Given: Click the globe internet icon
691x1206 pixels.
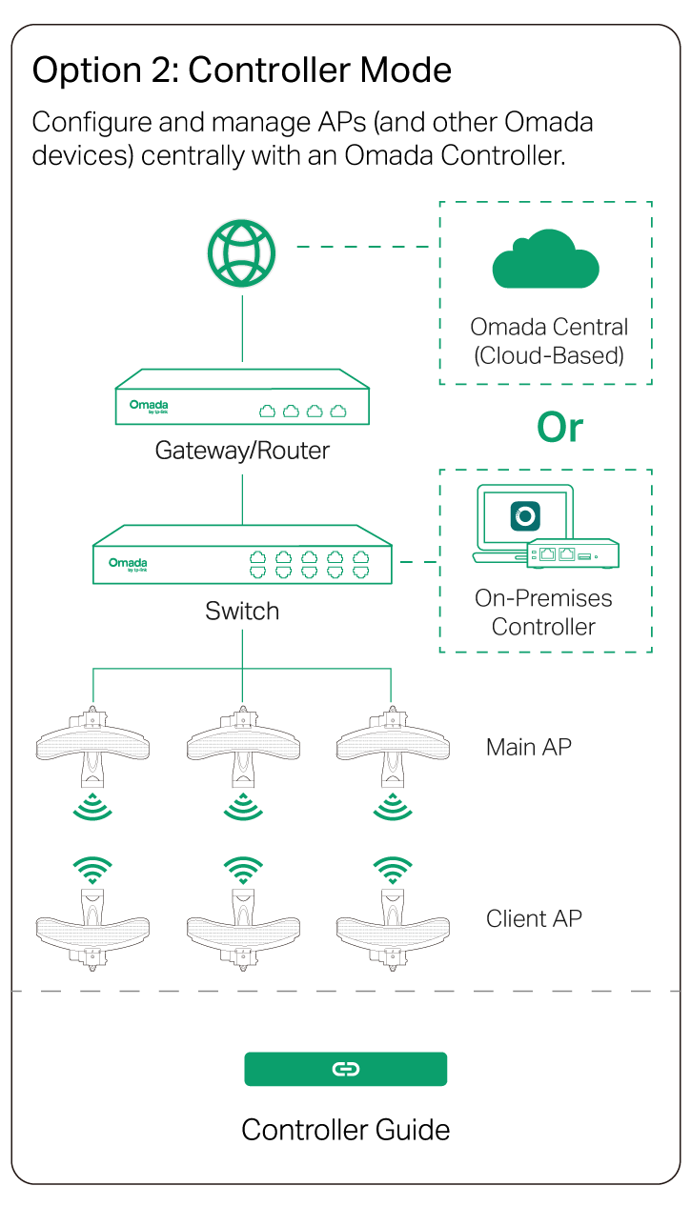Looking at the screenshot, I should (242, 252).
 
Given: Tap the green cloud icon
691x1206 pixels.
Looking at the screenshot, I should (545, 259).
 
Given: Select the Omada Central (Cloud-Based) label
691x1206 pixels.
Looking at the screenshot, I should (549, 341).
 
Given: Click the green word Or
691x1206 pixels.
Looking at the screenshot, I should (559, 428).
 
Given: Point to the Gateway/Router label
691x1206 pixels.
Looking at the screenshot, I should (242, 451).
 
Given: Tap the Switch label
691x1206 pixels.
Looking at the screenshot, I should (242, 611).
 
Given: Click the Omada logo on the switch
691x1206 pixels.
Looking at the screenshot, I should (128, 564).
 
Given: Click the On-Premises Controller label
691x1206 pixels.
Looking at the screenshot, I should (543, 613).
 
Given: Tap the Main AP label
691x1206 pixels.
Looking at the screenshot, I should (529, 747).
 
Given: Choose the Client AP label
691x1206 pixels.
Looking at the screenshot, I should (534, 918).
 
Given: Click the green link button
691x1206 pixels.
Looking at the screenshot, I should (345, 1069).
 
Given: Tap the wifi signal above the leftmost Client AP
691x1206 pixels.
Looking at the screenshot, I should (92, 871).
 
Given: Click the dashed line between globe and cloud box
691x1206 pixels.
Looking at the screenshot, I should (362, 247).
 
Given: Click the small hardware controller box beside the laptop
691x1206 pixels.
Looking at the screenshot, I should (573, 553).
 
